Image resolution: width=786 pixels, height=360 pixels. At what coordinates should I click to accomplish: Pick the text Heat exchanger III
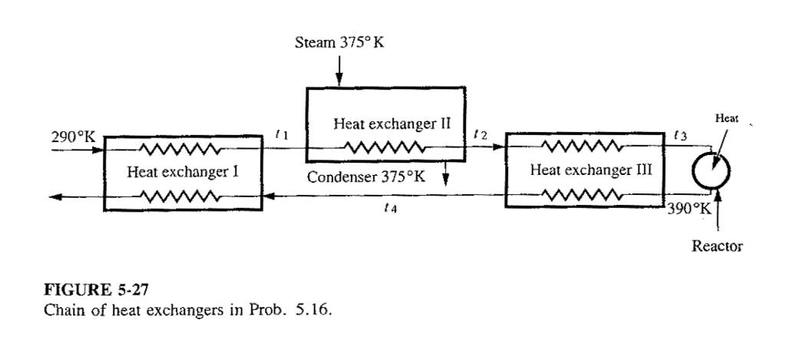[584, 170]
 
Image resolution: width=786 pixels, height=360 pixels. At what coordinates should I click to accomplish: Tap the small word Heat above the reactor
[726, 119]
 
